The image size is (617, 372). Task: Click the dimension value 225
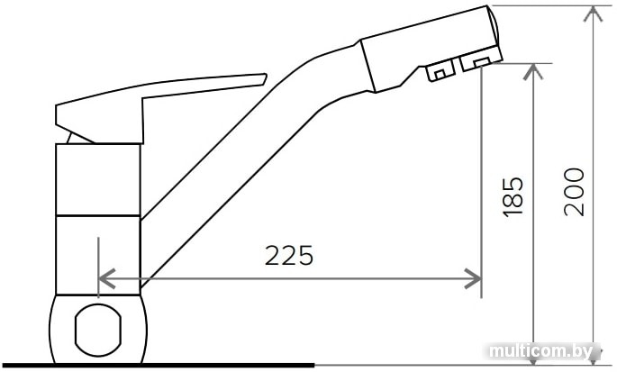(289, 255)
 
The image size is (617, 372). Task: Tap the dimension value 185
(513, 197)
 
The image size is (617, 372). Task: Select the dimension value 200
(574, 192)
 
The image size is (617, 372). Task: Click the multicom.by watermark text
(542, 350)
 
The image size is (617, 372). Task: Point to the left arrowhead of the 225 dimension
(106, 278)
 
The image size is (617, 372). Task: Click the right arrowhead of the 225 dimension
(473, 278)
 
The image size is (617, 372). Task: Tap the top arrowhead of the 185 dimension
(533, 72)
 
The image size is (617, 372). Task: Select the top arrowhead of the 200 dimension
(593, 14)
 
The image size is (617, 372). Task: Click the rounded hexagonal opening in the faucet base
(98, 330)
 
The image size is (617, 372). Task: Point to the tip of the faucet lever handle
(266, 75)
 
